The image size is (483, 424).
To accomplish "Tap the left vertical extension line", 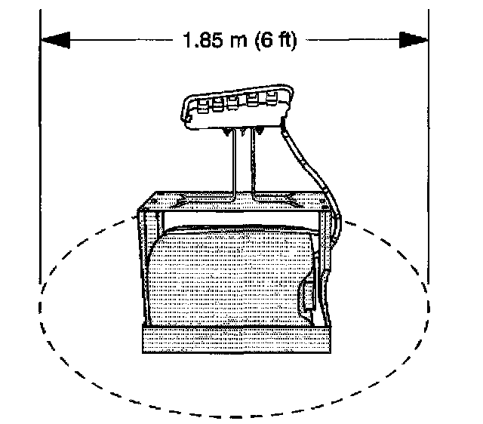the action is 41,151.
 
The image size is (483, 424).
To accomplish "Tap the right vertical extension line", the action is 426,151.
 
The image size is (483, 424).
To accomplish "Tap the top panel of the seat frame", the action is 235,201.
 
